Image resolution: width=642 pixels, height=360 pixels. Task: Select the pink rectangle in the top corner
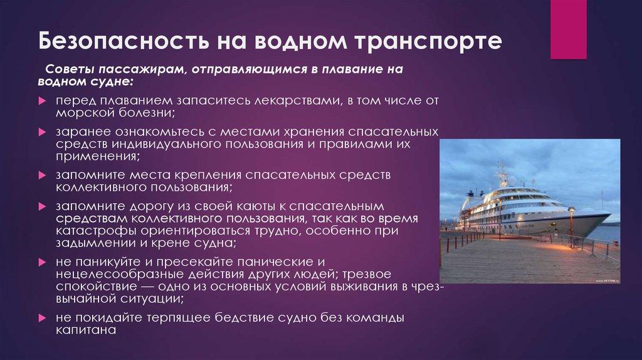(x=568, y=29)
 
